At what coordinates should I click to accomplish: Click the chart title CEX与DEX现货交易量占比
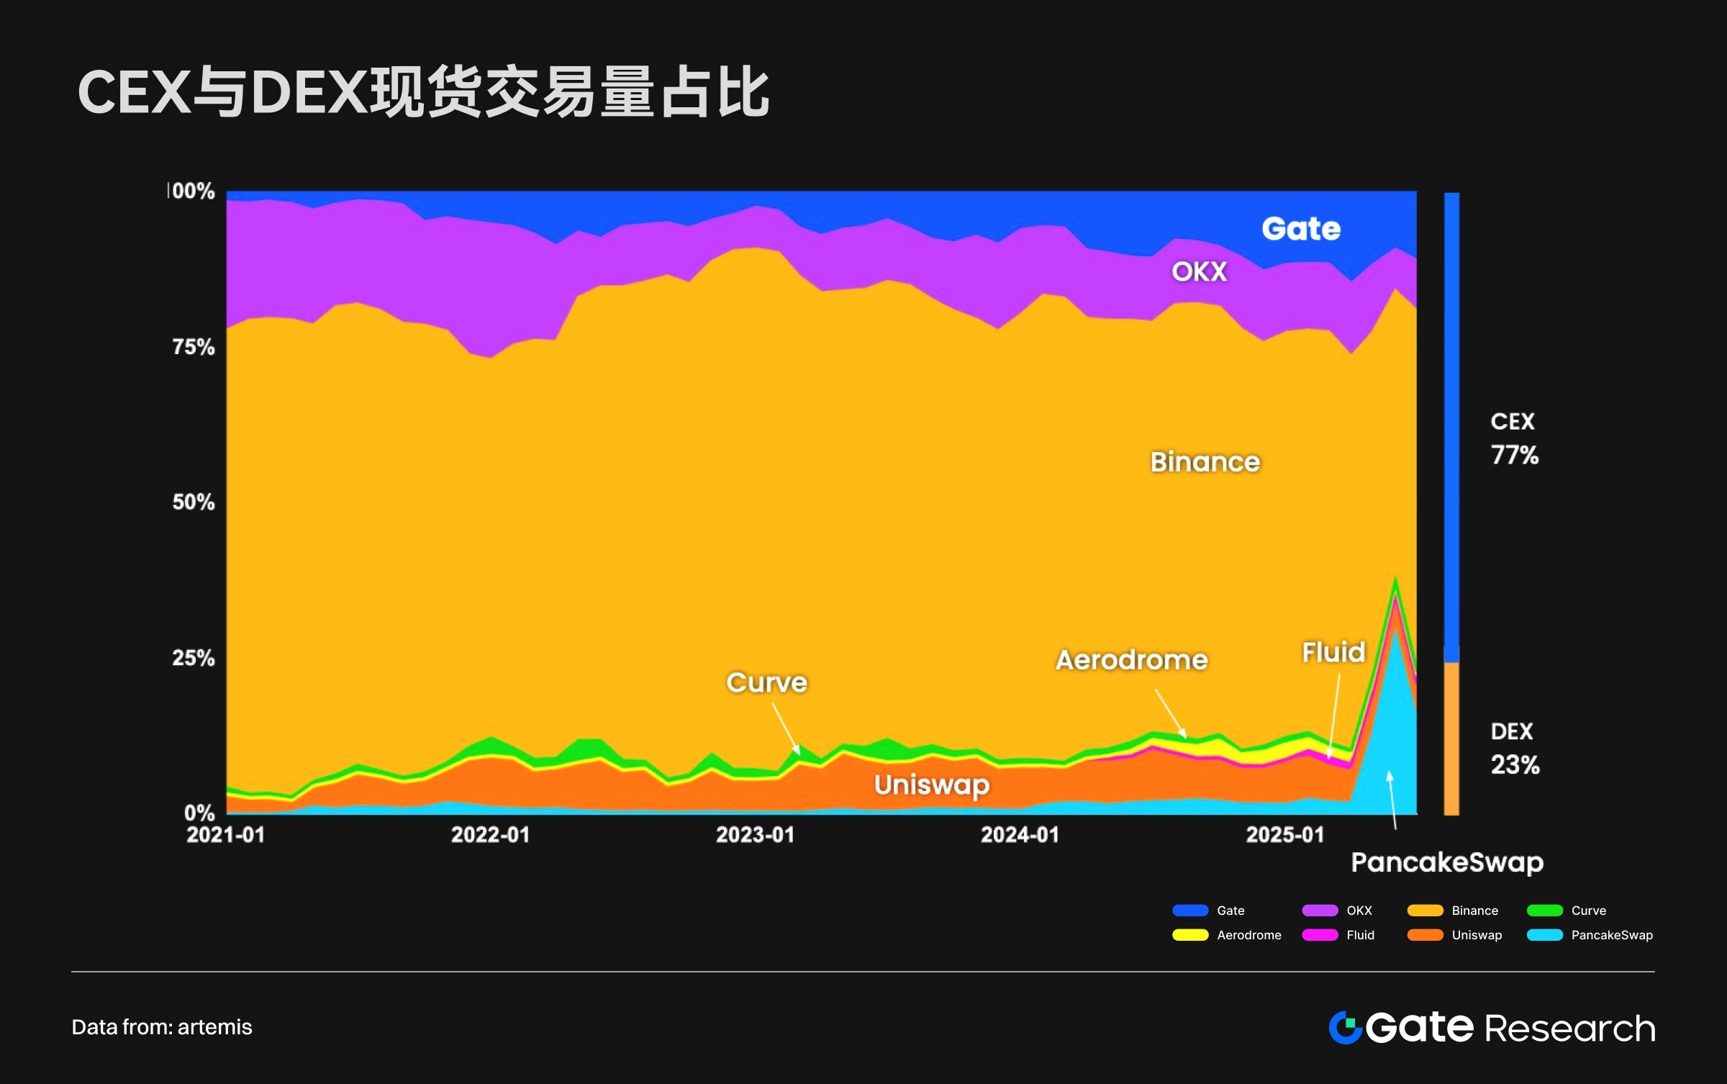[423, 92]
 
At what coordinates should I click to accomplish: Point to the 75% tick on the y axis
[194, 347]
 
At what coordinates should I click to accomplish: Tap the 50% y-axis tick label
[194, 502]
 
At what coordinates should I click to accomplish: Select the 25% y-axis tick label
[194, 657]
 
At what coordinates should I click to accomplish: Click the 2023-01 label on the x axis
[755, 835]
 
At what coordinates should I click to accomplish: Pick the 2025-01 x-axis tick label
[1284, 835]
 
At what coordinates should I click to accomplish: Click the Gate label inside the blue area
[1301, 229]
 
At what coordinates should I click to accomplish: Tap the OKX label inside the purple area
[1199, 271]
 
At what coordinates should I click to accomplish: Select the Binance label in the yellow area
[1205, 462]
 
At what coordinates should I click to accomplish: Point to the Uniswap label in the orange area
[932, 785]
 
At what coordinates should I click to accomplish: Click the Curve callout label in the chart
[766, 682]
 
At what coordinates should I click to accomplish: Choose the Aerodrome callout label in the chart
[1131, 660]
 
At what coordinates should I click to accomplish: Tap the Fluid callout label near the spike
[1333, 652]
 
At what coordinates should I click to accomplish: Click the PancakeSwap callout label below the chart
[1447, 862]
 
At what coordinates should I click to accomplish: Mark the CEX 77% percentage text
[1515, 455]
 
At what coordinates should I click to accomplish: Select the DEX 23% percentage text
[1515, 764]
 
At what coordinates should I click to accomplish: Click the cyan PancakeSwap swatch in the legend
[1545, 935]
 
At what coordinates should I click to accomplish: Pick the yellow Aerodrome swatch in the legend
[1190, 935]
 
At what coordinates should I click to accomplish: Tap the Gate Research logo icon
[1344, 1027]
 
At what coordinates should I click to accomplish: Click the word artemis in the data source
[214, 1027]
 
